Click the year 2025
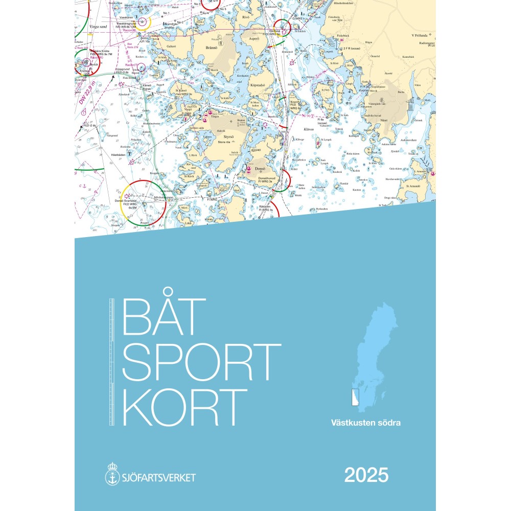point(366,475)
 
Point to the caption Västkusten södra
point(365,423)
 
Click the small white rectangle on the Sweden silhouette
point(356,397)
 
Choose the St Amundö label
point(413,187)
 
